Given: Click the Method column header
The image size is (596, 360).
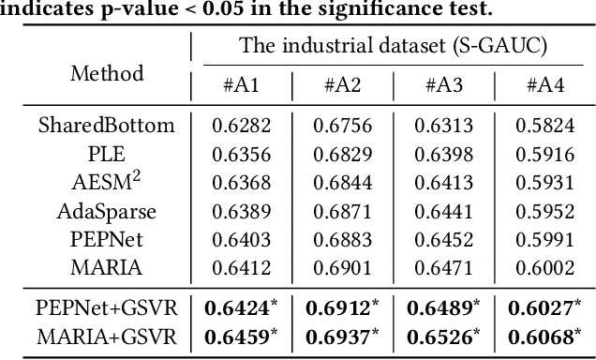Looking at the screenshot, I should point(107,74).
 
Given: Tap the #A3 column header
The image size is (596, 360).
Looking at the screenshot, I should point(445,85).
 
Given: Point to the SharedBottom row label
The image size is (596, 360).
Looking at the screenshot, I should point(107,125).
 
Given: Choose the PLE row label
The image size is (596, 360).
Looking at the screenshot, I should point(107,153).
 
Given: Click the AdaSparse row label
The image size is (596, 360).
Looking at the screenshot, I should point(107,211).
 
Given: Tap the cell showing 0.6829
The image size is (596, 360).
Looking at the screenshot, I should point(343,153).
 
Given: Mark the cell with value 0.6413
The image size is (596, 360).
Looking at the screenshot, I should point(445,182).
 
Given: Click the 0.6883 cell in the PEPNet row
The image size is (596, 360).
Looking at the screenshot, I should point(343,239).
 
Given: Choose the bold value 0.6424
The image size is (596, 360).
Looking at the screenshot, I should point(239,306).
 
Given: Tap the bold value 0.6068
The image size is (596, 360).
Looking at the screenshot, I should point(544,334).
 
